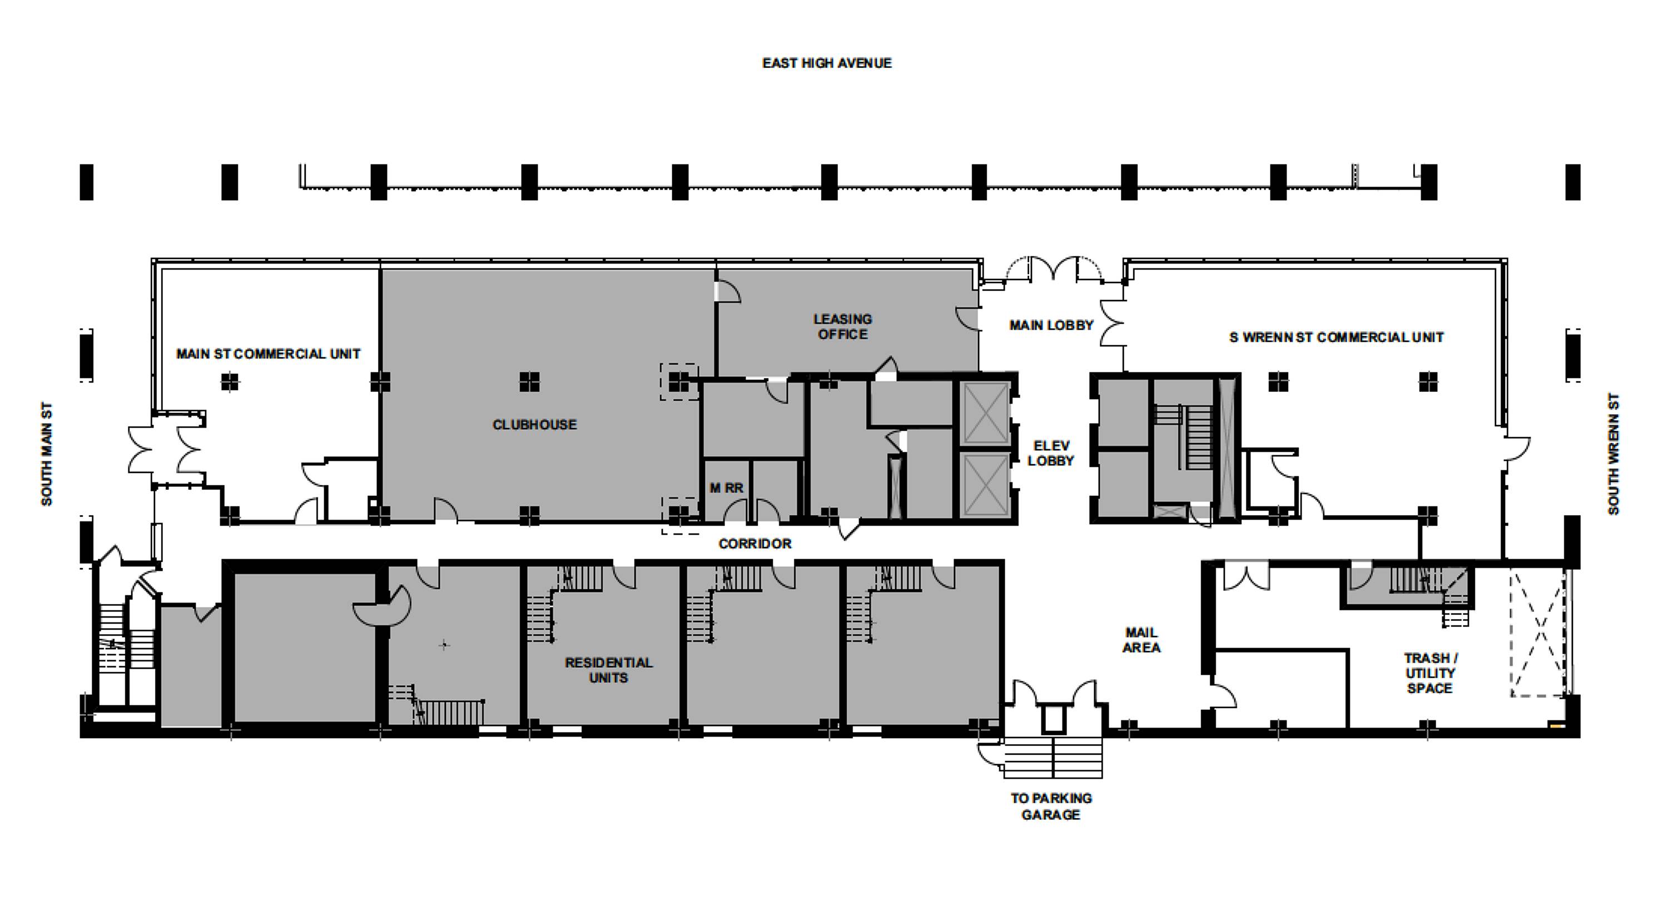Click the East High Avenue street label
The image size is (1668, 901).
coord(827,63)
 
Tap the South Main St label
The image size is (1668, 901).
coord(47,454)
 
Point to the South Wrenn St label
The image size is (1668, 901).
coord(1613,454)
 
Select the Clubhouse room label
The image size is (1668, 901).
coord(534,425)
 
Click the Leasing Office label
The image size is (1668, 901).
coord(842,326)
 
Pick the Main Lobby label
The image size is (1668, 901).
coord(1051,325)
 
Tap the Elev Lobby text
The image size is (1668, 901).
coord(1051,453)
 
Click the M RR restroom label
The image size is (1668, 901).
coord(726,487)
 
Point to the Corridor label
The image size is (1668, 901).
coord(754,544)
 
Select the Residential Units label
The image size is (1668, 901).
coord(609,670)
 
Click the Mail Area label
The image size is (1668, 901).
coord(1141,640)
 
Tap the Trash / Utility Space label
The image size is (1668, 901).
coord(1429,673)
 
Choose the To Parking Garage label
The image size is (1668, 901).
coord(1051,807)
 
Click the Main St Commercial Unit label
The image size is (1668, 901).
coord(268,354)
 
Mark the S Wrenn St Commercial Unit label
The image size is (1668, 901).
coord(1336,337)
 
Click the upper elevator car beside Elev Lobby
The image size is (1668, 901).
coord(984,413)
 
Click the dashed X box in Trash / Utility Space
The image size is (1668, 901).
coord(1537,633)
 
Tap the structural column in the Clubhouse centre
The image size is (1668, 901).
coord(529,382)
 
